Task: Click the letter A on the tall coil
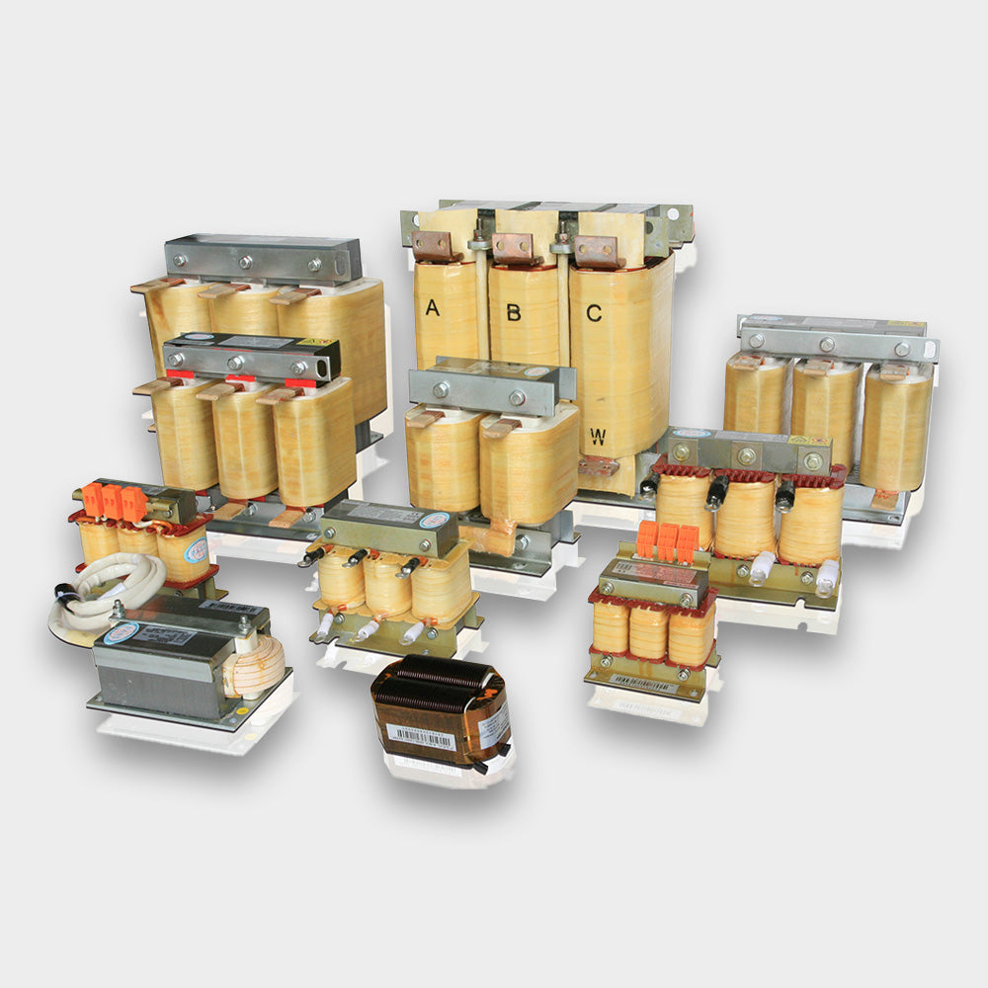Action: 432,308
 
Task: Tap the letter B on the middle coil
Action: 514,312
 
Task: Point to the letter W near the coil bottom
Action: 597,437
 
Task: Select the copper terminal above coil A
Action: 431,245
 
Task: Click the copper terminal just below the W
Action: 598,465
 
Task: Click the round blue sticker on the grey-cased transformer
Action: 122,632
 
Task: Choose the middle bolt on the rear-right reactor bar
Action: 826,345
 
